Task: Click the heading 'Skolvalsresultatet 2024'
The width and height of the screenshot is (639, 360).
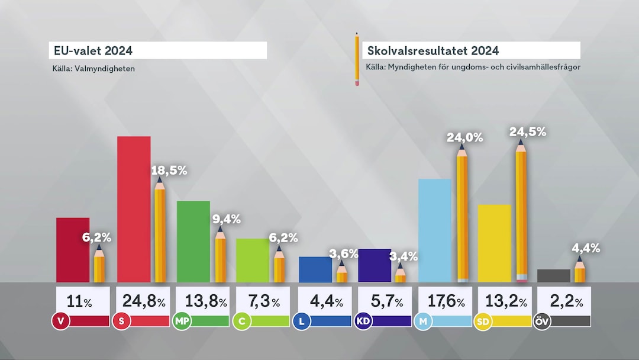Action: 433,50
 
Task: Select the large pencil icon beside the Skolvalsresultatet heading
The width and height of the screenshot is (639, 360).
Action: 357,59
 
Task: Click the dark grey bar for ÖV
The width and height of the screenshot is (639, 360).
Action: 553,275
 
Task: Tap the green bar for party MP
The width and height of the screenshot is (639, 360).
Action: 193,241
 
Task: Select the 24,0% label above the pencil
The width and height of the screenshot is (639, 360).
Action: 464,138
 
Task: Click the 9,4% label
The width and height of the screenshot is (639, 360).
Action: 226,219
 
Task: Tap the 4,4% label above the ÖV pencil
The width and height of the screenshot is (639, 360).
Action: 585,249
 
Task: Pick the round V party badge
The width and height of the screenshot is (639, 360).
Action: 59,322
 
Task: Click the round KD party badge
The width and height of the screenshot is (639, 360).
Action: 363,322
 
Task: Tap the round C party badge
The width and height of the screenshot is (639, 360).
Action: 241,322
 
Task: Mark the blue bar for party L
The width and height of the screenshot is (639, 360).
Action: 315,269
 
